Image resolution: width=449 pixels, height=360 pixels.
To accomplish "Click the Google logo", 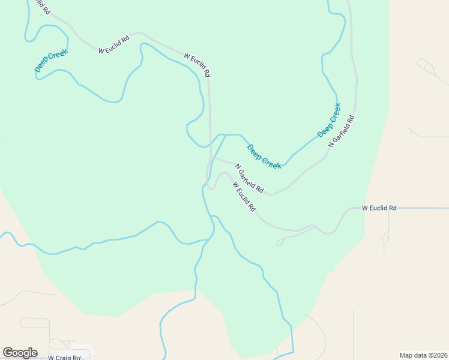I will click(x=20, y=353).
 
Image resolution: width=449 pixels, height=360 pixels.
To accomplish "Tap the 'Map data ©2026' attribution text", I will click(x=423, y=355).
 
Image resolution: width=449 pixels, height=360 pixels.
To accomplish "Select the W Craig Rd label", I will click(x=64, y=357).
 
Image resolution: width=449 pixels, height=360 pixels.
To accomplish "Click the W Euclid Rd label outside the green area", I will click(x=379, y=208).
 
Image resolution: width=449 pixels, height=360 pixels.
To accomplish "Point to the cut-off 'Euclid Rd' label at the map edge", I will click(x=40, y=7).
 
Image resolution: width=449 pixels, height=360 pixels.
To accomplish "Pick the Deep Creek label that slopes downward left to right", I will click(x=264, y=157).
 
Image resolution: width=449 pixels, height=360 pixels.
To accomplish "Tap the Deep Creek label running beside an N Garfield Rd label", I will click(x=329, y=119).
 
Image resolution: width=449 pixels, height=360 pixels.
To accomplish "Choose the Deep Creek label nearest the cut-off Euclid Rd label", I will click(x=51, y=61).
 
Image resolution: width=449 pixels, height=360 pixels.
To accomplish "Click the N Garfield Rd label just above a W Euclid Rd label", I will click(x=249, y=178).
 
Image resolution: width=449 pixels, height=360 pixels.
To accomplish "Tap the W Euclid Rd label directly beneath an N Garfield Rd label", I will click(x=244, y=196).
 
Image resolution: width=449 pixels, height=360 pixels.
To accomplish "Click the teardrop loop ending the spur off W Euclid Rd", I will click(x=279, y=243).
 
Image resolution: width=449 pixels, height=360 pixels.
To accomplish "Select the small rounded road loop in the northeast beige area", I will click(x=423, y=62).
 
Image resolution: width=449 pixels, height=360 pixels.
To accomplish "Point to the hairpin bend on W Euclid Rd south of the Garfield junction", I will click(x=210, y=187).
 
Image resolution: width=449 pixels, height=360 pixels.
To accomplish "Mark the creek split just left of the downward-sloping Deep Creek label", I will click(x=226, y=135).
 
